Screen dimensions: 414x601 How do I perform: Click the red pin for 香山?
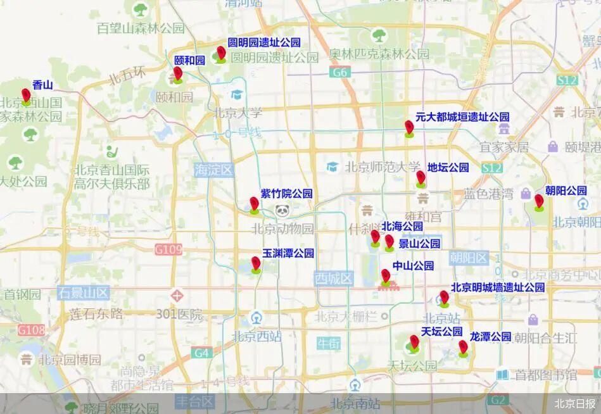pyautogui.click(x=26, y=96)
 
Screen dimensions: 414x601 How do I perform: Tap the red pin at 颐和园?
pyautogui.click(x=178, y=74)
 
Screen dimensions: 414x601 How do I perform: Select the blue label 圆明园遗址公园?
pyautogui.click(x=264, y=42)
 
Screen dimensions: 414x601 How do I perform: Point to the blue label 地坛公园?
pyautogui.click(x=448, y=168)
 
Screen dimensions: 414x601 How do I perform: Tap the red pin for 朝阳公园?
pyautogui.click(x=539, y=201)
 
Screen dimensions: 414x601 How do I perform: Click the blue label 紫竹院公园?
pyautogui.click(x=287, y=194)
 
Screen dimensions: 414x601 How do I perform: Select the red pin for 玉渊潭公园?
pyautogui.click(x=256, y=263)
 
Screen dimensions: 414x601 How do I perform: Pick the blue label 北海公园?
pyautogui.click(x=402, y=226)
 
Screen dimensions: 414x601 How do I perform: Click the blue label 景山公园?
pyautogui.click(x=419, y=244)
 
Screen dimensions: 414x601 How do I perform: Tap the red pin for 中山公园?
pyautogui.click(x=385, y=276)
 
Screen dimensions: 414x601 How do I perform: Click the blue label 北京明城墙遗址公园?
pyautogui.click(x=498, y=287)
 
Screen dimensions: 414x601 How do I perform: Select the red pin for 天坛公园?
pyautogui.click(x=414, y=342)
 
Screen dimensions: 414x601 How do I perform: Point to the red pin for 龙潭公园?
pyautogui.click(x=463, y=347)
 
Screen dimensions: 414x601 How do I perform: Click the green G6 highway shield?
pyautogui.click(x=341, y=73)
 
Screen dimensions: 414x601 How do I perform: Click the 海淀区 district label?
pyautogui.click(x=215, y=170)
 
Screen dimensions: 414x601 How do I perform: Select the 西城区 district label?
pyautogui.click(x=334, y=279)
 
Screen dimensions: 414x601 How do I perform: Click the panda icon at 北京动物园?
pyautogui.click(x=282, y=211)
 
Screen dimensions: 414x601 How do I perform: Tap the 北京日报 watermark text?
pyautogui.click(x=574, y=403)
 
